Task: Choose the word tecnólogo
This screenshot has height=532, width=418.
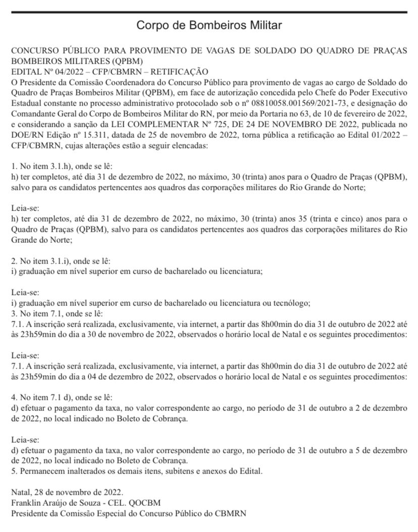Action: coord(290,303)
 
